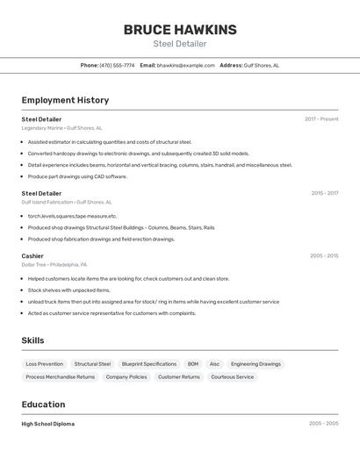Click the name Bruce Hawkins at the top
[180, 29]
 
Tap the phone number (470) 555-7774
[117, 65]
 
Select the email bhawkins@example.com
[186, 65]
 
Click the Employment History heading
[65, 100]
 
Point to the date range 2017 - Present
[321, 119]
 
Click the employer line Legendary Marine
[61, 128]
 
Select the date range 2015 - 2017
[324, 193]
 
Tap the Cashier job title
[32, 256]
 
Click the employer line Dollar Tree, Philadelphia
[54, 265]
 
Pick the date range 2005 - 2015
[324, 256]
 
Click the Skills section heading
[32, 340]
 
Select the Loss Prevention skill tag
[44, 364]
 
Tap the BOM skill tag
[193, 364]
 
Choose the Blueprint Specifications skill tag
[149, 364]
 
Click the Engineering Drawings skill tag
[256, 364]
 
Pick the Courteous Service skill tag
[233, 377]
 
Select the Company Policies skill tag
[126, 377]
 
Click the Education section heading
[43, 404]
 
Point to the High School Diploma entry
[48, 424]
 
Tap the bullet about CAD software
[77, 176]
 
